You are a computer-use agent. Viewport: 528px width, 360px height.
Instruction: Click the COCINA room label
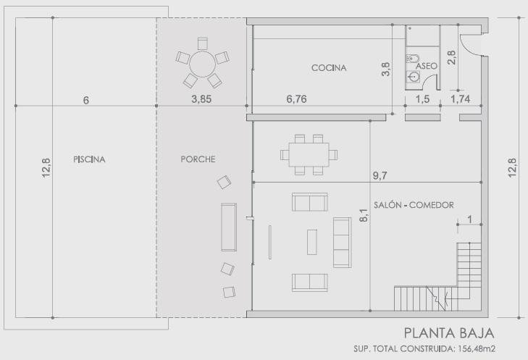click(329, 67)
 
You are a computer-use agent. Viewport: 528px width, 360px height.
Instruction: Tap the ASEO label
click(427, 66)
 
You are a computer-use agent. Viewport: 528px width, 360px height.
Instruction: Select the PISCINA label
click(89, 159)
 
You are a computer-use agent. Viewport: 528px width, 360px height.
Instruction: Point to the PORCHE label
click(198, 159)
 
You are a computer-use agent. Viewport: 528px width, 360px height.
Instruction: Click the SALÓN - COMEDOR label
click(414, 205)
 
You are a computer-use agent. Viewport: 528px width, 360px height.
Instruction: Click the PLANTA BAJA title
click(449, 333)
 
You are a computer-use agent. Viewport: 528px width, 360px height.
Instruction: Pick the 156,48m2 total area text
click(476, 349)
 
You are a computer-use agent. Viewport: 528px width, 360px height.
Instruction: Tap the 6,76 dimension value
click(296, 99)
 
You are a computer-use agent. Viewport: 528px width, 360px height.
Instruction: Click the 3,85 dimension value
click(201, 99)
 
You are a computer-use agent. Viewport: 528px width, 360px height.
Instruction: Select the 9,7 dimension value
click(380, 175)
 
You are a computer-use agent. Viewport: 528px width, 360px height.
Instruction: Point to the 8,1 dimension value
click(364, 215)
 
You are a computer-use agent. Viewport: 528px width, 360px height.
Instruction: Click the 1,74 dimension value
click(461, 99)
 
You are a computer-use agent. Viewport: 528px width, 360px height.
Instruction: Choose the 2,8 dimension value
click(451, 58)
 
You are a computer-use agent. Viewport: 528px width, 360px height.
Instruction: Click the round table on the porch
click(202, 64)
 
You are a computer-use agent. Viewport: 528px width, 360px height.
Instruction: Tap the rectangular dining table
click(309, 154)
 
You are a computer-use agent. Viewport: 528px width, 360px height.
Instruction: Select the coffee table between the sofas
click(312, 242)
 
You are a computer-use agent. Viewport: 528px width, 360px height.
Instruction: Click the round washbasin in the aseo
click(413, 77)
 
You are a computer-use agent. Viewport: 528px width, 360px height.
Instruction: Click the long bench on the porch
click(229, 227)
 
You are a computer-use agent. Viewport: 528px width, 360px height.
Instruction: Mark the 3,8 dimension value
click(386, 70)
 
